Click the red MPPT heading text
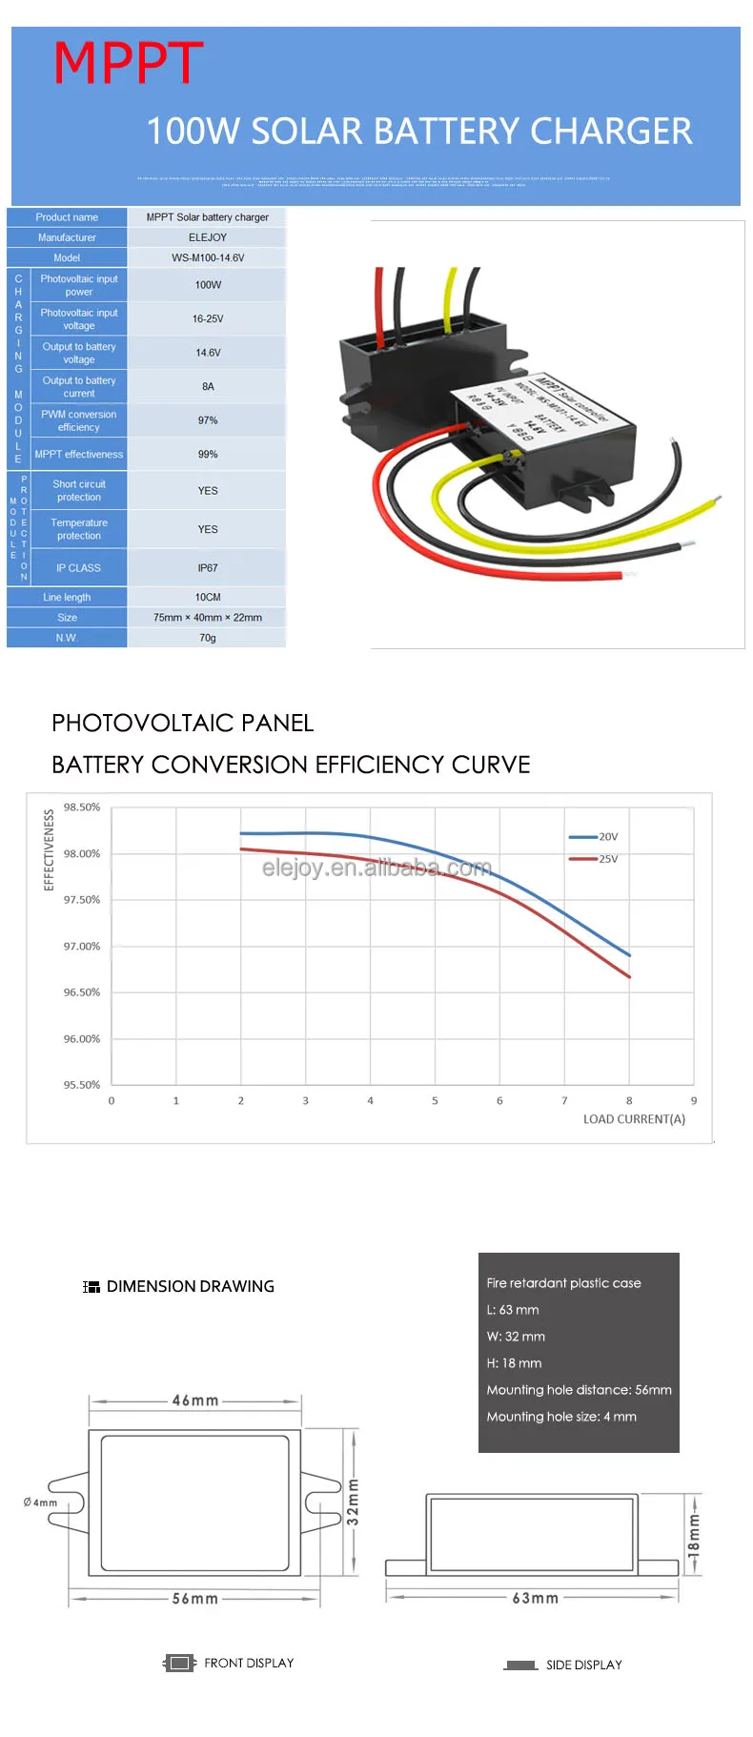[128, 63]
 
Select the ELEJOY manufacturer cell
[208, 237]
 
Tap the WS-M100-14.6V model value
[208, 257]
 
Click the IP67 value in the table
[208, 568]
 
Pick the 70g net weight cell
[208, 638]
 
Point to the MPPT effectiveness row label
[78, 455]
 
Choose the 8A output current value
[208, 387]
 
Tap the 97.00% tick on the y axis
[82, 947]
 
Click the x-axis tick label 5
[435, 1101]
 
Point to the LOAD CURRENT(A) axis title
[634, 1119]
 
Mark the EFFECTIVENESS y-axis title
[50, 849]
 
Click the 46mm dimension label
[195, 1400]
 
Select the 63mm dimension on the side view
[535, 1598]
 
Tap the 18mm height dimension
[694, 1536]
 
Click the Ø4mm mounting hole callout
[41, 1502]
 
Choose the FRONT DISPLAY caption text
[249, 1663]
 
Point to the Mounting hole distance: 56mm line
[579, 1390]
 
